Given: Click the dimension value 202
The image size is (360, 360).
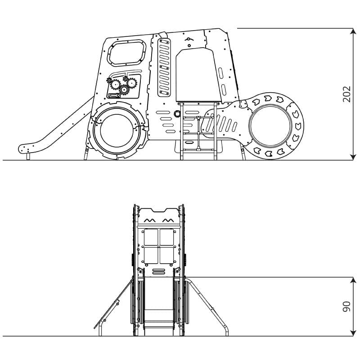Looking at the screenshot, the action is click(346, 94).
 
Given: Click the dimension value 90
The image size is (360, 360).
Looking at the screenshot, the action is click(346, 306).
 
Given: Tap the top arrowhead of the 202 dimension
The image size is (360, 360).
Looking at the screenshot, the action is click(353, 31).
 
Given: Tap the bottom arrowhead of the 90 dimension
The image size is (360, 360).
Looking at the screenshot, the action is click(353, 333).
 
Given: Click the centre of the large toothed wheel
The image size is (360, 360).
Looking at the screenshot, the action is click(117, 130).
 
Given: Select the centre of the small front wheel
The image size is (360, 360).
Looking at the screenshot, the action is click(270, 126).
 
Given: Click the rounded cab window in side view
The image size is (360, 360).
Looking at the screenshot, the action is click(127, 53).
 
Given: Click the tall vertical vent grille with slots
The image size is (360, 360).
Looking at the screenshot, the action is click(164, 67).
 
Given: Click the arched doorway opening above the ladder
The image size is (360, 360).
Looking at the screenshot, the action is click(198, 75).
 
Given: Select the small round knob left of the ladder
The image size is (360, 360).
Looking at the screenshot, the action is click(177, 114).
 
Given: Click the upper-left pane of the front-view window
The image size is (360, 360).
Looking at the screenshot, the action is click(151, 237).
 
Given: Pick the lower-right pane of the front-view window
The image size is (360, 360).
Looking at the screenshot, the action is click(166, 255).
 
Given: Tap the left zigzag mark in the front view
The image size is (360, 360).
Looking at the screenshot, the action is click(150, 220).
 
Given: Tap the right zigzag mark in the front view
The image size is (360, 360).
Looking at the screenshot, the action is click(168, 220).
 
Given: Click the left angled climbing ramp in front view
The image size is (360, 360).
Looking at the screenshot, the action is click(113, 303).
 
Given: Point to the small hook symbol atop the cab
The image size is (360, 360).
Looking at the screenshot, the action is click(189, 39).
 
